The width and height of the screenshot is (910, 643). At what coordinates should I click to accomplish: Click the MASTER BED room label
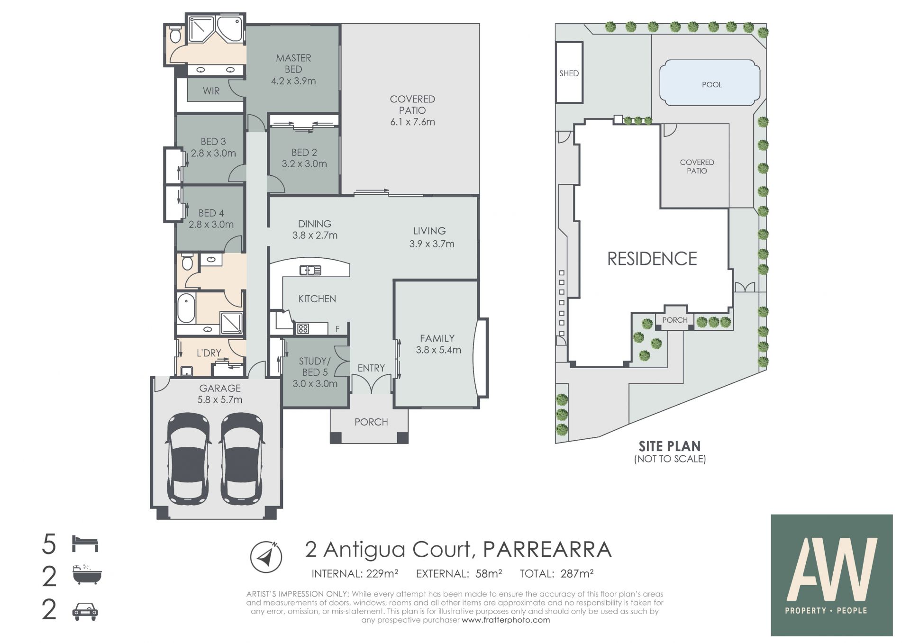[293, 69]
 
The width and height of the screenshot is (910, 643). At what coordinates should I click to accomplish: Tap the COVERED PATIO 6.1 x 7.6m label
[412, 110]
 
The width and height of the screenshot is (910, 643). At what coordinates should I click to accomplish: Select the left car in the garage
[188, 458]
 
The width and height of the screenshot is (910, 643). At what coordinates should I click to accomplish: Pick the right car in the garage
[242, 458]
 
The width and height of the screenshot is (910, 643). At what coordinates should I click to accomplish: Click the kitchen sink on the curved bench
[310, 270]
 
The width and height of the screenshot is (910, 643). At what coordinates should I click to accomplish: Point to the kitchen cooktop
[303, 328]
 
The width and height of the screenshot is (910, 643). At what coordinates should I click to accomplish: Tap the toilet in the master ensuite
[175, 35]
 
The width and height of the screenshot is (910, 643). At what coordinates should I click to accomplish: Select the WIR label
[211, 91]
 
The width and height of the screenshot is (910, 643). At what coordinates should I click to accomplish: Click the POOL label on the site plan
[712, 85]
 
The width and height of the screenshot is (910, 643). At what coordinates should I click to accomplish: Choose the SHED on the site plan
[569, 72]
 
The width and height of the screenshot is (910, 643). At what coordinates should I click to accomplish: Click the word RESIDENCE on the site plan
[652, 259]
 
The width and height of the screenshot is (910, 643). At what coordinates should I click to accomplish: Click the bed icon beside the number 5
[85, 544]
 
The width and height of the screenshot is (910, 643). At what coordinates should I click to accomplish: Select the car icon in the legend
[85, 611]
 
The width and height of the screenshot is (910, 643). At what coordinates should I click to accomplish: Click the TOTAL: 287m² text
[557, 574]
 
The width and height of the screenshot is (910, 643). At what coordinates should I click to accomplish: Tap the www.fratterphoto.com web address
[506, 620]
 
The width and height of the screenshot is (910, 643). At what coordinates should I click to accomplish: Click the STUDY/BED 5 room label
[315, 372]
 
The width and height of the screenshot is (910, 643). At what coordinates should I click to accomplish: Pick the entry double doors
[372, 384]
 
